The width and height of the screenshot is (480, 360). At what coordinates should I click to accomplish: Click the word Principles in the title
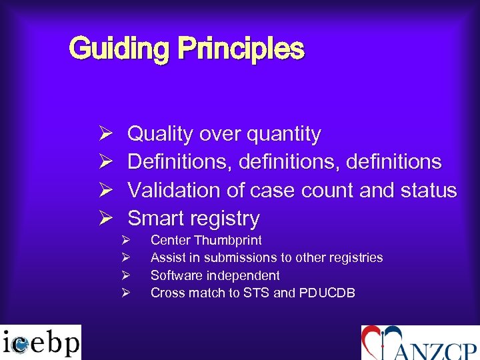[241, 49]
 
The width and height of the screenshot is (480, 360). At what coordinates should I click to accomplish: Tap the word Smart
[155, 219]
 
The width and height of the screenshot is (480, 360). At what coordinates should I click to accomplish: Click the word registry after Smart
[225, 219]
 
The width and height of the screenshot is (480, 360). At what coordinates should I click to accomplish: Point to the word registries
[353, 257]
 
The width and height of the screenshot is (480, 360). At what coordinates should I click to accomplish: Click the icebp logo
[41, 342]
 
